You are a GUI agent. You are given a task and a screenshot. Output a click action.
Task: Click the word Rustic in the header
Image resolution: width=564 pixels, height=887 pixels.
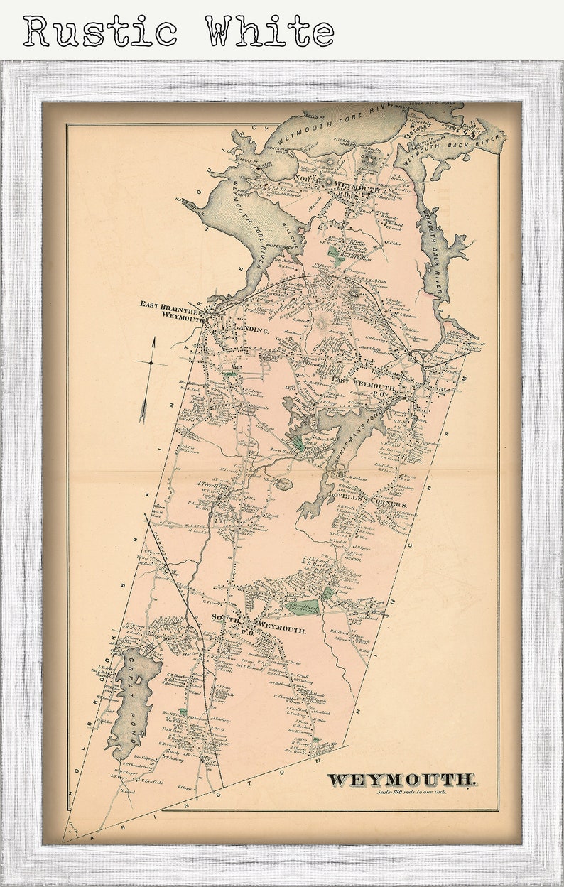[x=100, y=32]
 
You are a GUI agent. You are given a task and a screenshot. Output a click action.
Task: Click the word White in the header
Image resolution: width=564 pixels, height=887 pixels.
[x=271, y=32]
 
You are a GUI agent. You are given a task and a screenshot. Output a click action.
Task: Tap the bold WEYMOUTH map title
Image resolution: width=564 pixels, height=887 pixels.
[x=401, y=780]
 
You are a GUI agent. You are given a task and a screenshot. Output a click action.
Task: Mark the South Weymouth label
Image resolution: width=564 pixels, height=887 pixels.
[x=263, y=625]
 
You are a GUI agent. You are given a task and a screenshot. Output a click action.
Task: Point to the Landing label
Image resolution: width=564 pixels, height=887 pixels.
[x=248, y=331]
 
